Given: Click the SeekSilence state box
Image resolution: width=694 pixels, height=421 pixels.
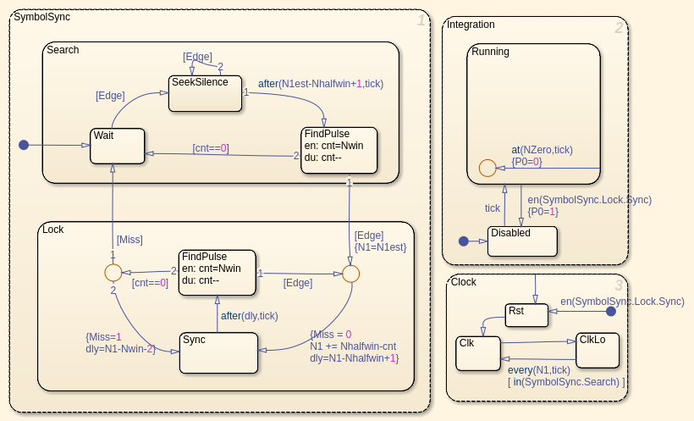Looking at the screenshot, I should coord(206,93).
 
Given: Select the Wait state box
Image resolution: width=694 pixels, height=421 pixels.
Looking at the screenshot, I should coord(118,146).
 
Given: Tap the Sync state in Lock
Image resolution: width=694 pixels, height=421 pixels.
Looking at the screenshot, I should coord(218,352).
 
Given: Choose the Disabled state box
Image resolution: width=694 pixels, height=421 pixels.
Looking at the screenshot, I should coord(522,241).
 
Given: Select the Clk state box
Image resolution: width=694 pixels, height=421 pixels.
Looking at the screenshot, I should coord(478,353).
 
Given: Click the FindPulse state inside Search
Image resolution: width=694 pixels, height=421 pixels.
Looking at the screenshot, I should coord(339,150).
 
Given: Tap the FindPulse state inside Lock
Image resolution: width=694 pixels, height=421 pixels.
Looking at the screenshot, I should coord(218,272).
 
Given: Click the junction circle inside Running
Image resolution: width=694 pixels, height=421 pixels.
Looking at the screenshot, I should coord(487,168).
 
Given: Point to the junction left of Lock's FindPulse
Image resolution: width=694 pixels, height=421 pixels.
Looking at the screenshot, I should coord(113,273).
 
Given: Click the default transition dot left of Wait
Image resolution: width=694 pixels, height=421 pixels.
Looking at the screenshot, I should coord(24,145).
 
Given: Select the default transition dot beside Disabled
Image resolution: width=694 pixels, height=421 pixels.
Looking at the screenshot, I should coord(463,241).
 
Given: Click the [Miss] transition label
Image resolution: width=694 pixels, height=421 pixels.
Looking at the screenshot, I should coord(129,240).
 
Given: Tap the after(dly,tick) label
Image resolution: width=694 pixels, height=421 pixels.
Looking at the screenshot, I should coord(249,315).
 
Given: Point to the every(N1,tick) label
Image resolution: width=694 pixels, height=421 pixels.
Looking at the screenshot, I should coord(538,370).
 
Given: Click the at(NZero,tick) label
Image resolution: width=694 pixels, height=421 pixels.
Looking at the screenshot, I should coord(542,149).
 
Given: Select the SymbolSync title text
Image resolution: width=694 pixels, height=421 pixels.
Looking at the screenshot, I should coord(41,17).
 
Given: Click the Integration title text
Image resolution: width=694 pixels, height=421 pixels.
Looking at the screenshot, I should coord(471,25).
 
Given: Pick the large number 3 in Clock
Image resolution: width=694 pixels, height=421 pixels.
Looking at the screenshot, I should coord(619,285).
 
